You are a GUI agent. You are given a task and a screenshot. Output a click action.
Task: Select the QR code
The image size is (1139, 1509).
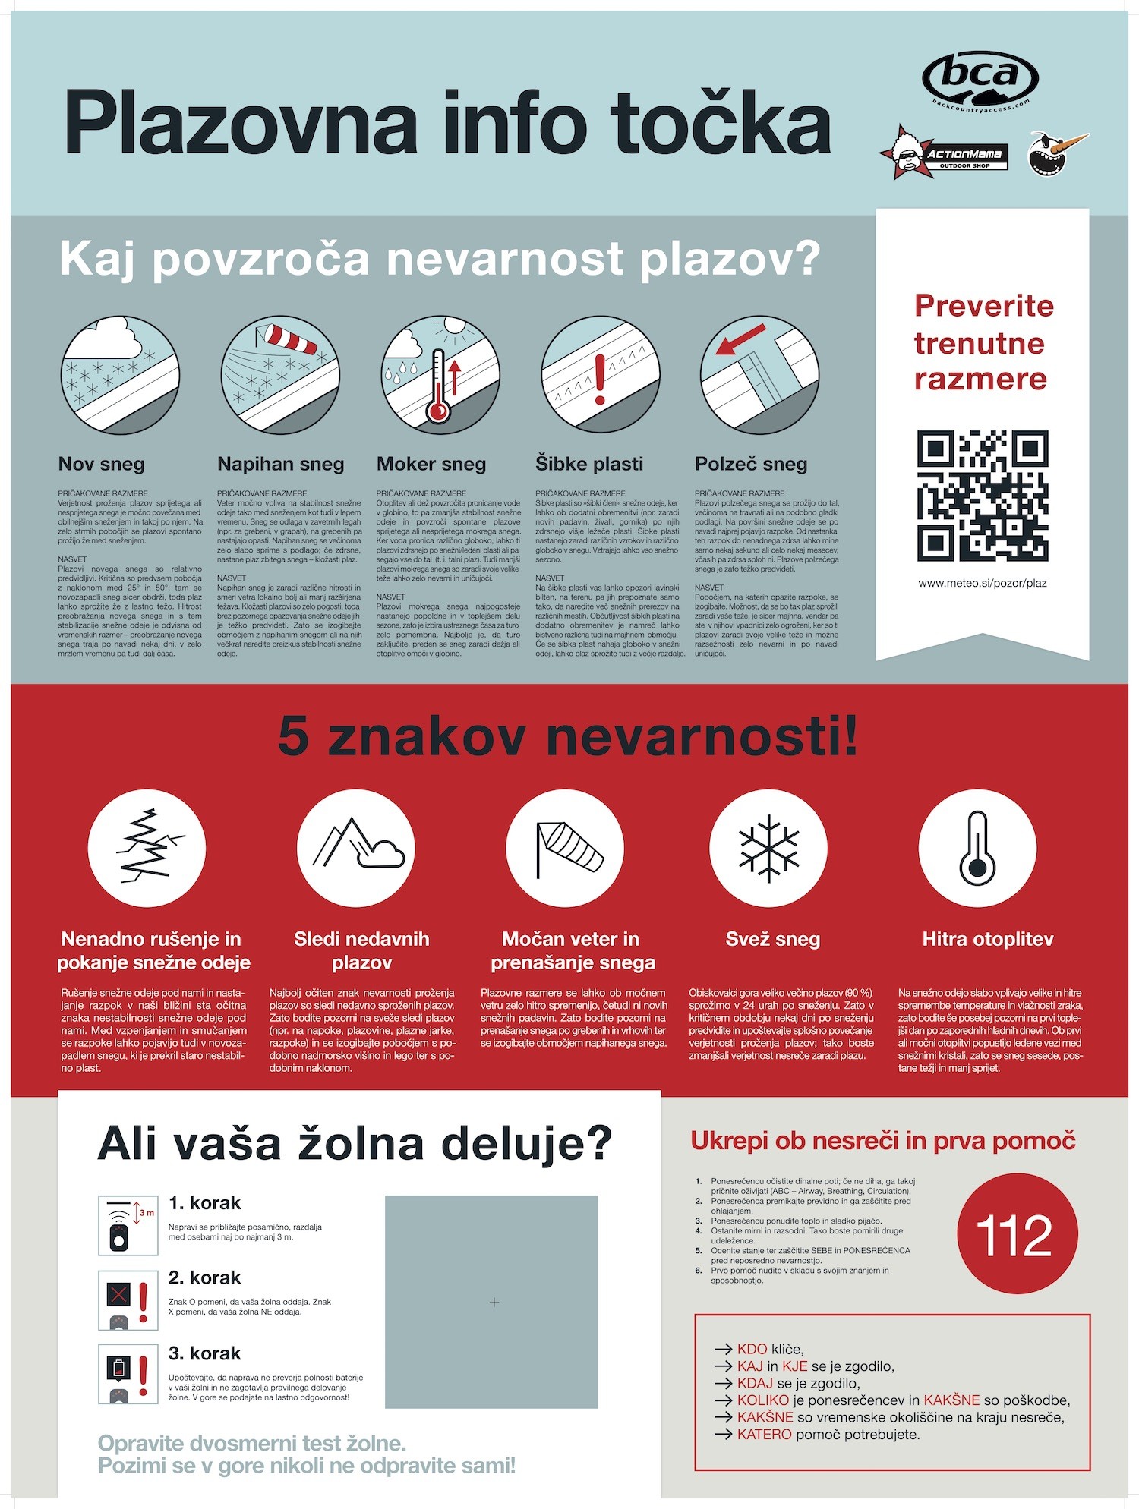(x=983, y=496)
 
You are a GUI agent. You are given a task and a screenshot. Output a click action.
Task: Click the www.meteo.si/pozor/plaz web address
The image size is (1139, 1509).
(x=983, y=583)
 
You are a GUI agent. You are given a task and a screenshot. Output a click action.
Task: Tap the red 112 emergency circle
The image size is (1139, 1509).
(x=1017, y=1234)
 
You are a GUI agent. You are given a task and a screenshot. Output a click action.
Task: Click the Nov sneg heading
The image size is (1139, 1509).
(x=101, y=464)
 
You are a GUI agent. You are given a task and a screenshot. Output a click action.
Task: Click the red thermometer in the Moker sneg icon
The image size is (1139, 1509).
(x=438, y=387)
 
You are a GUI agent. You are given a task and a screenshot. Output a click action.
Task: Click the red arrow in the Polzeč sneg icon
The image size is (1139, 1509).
(x=740, y=339)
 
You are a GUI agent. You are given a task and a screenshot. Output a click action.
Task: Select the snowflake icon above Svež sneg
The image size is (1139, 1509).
(x=769, y=848)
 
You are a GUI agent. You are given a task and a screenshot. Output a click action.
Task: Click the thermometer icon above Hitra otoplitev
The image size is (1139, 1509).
(x=977, y=848)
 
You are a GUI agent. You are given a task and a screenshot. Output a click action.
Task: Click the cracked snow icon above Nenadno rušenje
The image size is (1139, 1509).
(x=147, y=848)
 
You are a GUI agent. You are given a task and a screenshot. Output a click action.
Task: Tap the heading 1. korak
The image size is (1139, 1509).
(x=204, y=1203)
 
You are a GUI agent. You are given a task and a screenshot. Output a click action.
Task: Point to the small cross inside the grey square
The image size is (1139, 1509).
(x=494, y=1302)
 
